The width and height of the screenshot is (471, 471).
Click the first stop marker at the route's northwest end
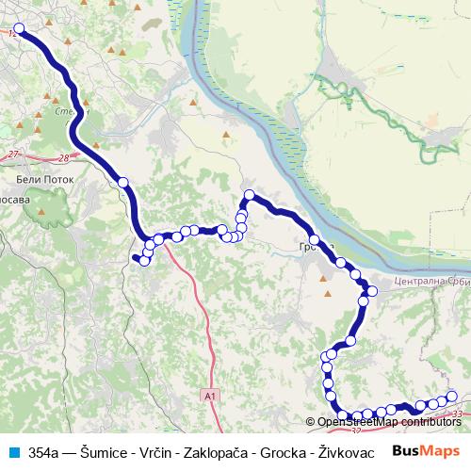(18, 29)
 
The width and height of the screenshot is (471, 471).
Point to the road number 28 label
(63, 158)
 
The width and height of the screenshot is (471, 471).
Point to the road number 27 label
(12, 154)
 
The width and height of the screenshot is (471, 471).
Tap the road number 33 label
(458, 414)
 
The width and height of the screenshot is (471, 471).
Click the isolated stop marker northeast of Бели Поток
(122, 182)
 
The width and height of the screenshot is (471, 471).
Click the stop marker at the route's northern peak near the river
(250, 196)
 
